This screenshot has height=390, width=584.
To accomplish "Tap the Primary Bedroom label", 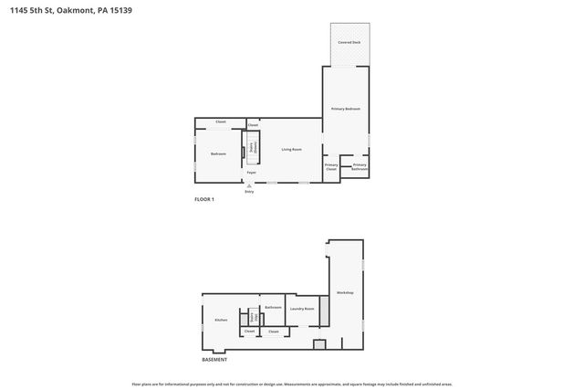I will (x=346, y=109).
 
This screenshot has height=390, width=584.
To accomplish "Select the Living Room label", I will (x=291, y=149).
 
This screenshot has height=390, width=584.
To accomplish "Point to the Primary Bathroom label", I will (x=360, y=167).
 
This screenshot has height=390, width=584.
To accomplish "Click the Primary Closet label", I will (x=331, y=167).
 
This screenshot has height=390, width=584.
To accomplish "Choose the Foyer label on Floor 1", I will (x=251, y=172).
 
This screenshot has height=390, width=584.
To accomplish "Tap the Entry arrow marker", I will (x=249, y=185).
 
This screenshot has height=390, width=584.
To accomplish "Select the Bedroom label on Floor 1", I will (x=218, y=153).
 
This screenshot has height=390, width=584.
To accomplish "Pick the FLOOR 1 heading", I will (x=204, y=199).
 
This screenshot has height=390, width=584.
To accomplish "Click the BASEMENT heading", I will (x=214, y=360).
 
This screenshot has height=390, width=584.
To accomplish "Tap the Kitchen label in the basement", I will (x=221, y=320).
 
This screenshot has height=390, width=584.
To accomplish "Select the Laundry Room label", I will (x=302, y=309).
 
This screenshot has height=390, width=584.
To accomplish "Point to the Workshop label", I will (x=345, y=292).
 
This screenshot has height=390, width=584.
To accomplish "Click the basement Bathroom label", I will (x=273, y=308).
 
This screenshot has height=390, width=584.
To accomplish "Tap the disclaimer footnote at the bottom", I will (x=292, y=384).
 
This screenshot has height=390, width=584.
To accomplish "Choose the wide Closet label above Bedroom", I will (x=221, y=121).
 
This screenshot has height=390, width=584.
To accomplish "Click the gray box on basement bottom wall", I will (x=318, y=343).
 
